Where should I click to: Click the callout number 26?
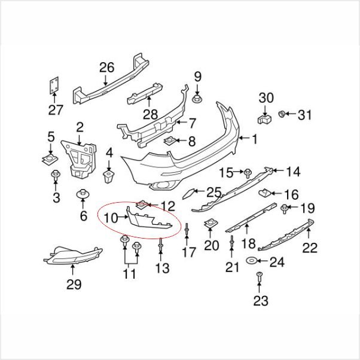click(107, 68)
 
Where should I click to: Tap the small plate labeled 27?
click(54, 85)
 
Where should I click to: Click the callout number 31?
click(304, 115)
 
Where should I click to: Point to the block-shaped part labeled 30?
click(264, 120)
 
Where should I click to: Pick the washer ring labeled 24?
click(251, 261)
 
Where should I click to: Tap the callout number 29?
click(74, 285)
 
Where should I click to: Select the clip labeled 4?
click(109, 176)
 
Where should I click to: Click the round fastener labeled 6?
click(83, 194)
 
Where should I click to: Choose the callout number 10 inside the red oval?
click(111, 218)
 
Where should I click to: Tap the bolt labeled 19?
click(285, 209)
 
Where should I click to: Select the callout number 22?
click(310, 248)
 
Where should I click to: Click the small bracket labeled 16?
click(264, 193)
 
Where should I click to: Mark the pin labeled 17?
click(187, 229)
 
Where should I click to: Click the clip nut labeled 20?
click(210, 224)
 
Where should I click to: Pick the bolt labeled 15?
click(248, 173)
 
